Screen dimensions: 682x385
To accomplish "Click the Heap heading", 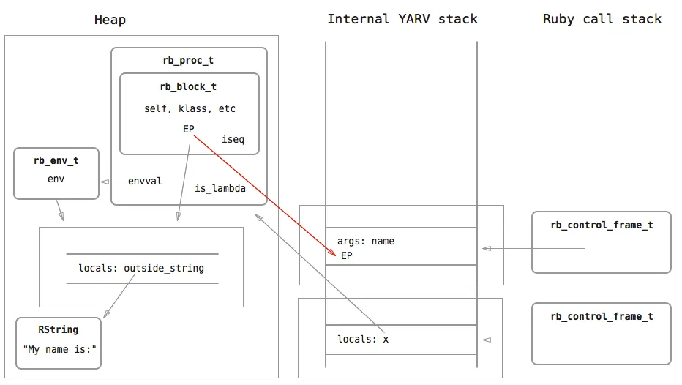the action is [110, 20].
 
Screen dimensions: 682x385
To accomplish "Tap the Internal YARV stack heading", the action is [402, 19].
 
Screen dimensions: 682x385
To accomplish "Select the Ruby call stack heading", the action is [602, 19].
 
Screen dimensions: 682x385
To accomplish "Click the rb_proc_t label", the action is [188, 61].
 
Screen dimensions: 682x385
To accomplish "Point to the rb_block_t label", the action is [188, 86].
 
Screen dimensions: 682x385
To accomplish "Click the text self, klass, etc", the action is [190, 109].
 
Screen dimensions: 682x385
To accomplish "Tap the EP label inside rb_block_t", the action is [188, 129].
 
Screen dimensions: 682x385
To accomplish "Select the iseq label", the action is [233, 139].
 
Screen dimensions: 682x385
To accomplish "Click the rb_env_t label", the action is [56, 160].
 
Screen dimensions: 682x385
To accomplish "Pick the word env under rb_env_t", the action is [56, 179].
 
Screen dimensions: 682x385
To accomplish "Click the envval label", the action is [145, 181].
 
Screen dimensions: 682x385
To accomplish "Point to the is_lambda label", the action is [220, 188].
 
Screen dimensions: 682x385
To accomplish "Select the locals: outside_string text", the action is [141, 268].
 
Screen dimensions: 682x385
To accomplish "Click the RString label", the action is [59, 330].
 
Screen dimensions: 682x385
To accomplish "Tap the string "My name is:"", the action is [59, 349].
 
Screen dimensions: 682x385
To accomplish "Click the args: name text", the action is [366, 241].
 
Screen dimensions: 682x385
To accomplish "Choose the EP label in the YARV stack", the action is [347, 255].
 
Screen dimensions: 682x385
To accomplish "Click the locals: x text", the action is [363, 340].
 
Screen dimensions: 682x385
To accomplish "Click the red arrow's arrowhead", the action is [332, 253].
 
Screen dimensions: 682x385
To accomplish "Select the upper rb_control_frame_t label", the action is [602, 225].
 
